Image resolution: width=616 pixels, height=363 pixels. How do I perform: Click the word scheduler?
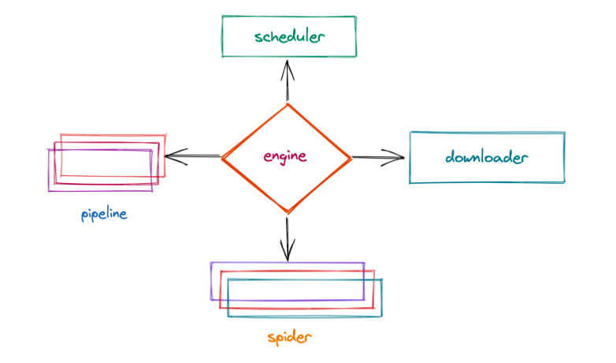coord(290,36)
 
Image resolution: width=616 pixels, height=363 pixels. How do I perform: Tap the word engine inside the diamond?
coord(285,156)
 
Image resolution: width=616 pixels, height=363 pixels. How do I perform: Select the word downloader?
coord(486,157)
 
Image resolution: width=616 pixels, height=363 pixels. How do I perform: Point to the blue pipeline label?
coord(104,214)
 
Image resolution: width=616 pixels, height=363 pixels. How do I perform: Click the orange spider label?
coord(289,338)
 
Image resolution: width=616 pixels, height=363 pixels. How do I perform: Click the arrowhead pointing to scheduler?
coord(288,66)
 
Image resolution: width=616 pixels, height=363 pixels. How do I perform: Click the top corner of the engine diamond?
coord(288,104)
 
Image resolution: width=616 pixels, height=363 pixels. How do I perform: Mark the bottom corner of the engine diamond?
coord(288,211)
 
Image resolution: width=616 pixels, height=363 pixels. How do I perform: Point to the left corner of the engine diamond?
coord(222,158)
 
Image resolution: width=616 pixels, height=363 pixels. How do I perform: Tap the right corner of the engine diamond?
coord(351,158)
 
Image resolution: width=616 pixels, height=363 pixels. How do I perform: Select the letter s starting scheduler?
coord(258,37)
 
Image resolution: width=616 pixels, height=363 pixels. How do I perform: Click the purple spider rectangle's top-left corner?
coord(211,263)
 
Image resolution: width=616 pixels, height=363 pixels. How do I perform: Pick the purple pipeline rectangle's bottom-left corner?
coord(49,191)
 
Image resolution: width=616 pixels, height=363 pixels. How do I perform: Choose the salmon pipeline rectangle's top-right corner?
coord(166,135)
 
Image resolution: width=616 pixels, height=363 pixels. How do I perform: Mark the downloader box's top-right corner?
coord(564,133)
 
